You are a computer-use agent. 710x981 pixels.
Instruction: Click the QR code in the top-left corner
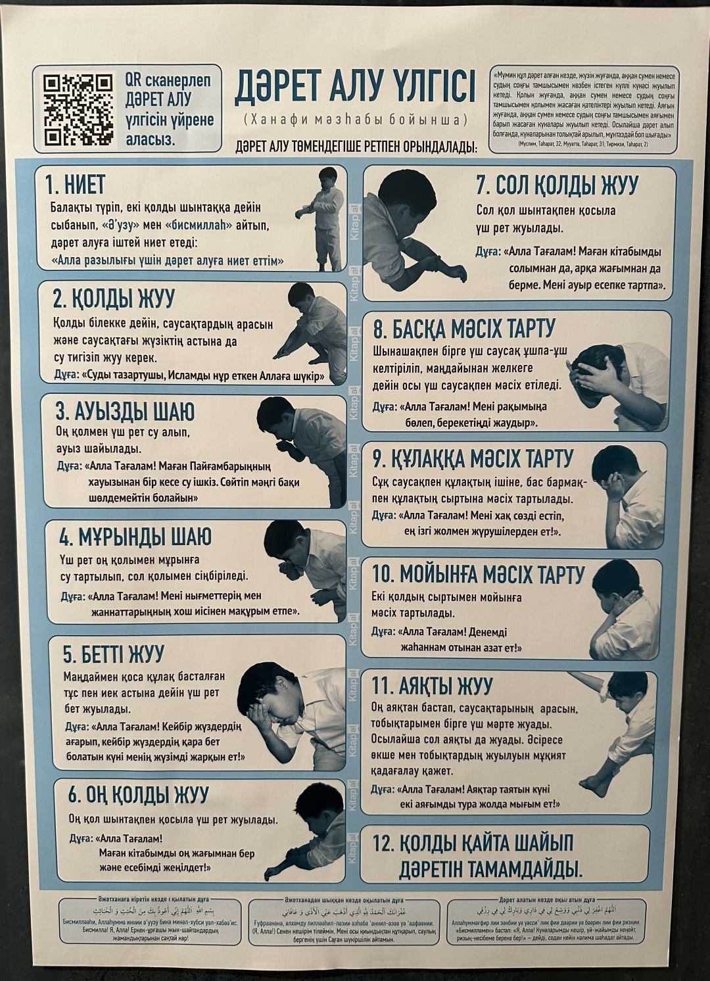point(77,110)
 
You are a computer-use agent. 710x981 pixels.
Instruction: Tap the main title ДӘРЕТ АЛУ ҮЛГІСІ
point(355,89)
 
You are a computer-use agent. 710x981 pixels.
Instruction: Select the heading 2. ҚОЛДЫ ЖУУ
point(114,299)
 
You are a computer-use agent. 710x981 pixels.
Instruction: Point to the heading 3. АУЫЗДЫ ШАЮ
point(125,412)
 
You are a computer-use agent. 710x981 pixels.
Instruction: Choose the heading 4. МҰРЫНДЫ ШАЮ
point(135,537)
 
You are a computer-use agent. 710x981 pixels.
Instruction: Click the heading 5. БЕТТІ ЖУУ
point(113,655)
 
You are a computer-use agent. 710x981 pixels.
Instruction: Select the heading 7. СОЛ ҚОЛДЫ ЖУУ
point(556,185)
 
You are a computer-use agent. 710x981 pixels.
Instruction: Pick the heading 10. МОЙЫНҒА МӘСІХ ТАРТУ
point(478,574)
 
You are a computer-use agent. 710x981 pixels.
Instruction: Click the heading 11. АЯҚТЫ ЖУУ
point(432,686)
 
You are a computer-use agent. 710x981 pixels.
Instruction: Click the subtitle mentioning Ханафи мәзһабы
point(355,120)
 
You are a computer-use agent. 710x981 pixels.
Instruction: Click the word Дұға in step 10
point(382,631)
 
